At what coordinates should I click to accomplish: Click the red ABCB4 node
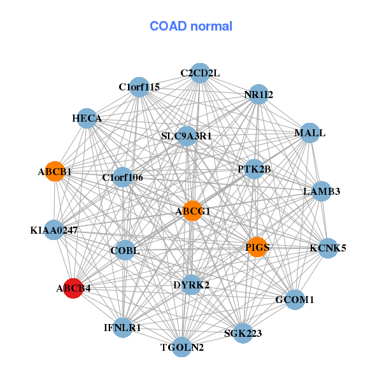73,288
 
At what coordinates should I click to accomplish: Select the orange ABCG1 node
192,211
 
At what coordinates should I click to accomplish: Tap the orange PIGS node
257,247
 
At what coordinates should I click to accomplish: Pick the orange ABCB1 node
55,171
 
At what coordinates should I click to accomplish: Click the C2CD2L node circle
200,73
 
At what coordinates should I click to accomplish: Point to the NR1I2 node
258,94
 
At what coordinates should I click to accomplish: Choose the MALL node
309,133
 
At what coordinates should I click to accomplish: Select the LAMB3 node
322,191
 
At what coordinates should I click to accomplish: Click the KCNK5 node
328,248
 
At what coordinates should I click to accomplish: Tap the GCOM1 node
295,300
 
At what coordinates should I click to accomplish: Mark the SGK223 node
243,333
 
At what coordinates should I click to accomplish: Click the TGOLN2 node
181,347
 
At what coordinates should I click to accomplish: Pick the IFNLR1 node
122,328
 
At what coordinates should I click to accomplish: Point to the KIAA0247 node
54,230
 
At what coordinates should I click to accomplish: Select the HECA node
87,118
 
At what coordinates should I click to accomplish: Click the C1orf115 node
139,87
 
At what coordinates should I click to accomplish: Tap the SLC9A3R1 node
187,136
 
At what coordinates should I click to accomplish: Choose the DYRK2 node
192,285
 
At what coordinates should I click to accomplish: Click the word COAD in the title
168,26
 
